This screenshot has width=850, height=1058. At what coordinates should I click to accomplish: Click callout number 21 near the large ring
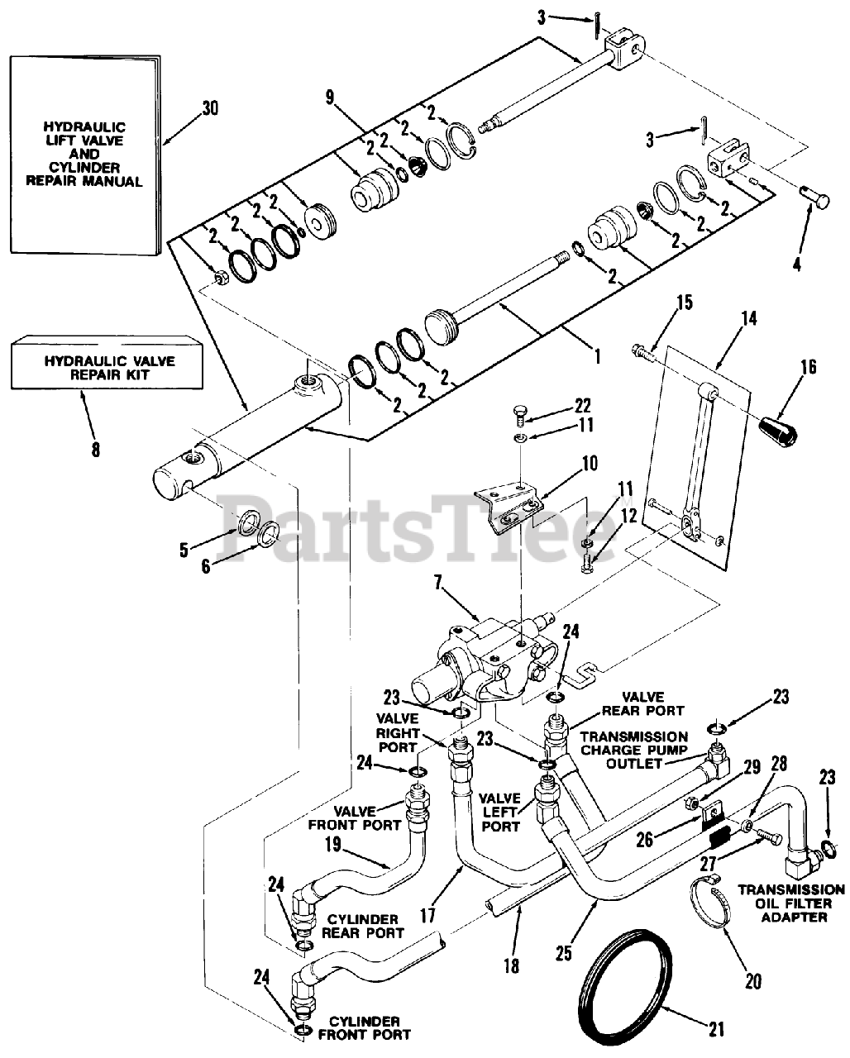pos(717,1028)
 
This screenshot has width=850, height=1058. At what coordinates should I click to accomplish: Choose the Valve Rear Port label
pos(642,703)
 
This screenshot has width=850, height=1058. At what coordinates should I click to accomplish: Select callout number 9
pos(330,98)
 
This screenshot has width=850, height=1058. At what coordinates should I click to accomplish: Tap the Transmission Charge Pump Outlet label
pos(633,750)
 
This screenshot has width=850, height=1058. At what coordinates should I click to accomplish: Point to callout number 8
pos(96,449)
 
